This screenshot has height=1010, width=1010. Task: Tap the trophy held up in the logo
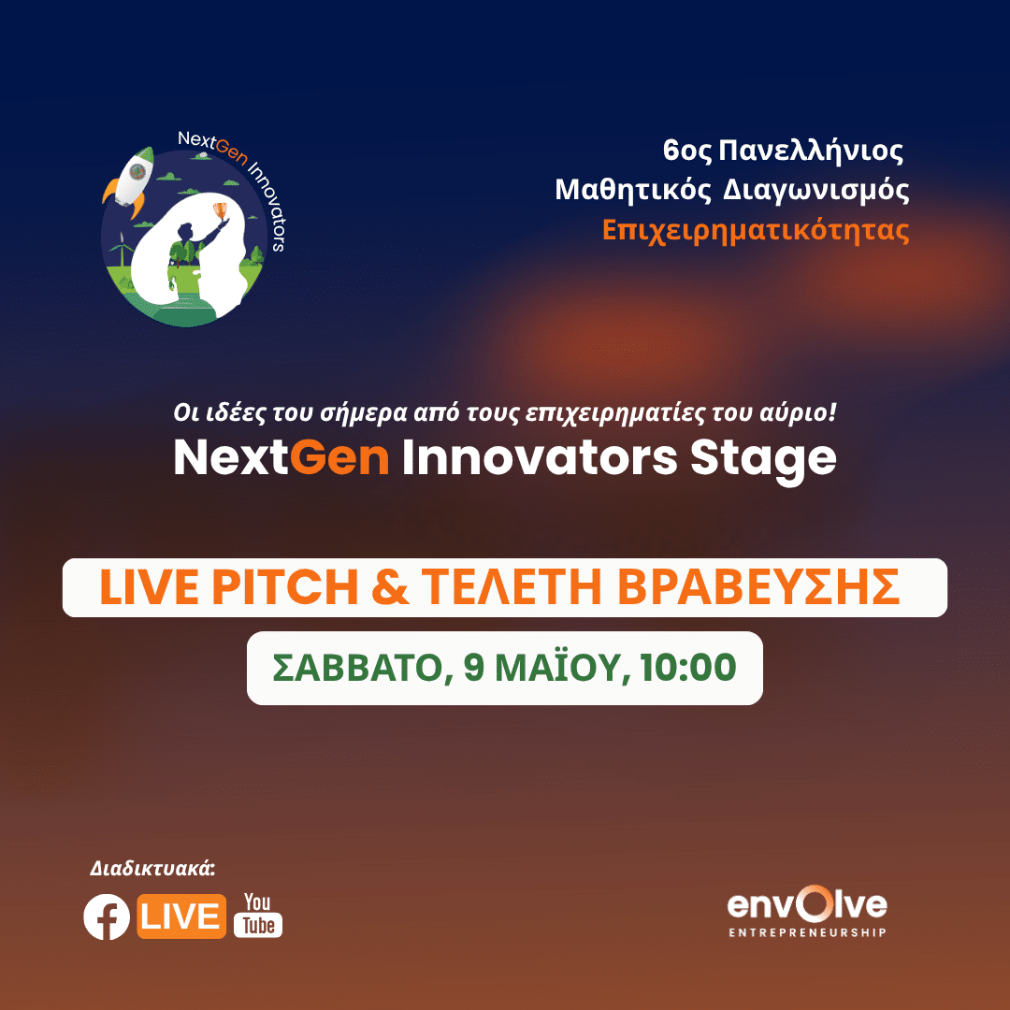(221, 209)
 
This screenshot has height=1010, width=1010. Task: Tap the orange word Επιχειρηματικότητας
(756, 230)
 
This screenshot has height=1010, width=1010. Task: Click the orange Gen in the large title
(339, 458)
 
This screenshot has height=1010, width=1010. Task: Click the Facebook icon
(107, 916)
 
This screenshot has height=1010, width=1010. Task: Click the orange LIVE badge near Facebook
(181, 916)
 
